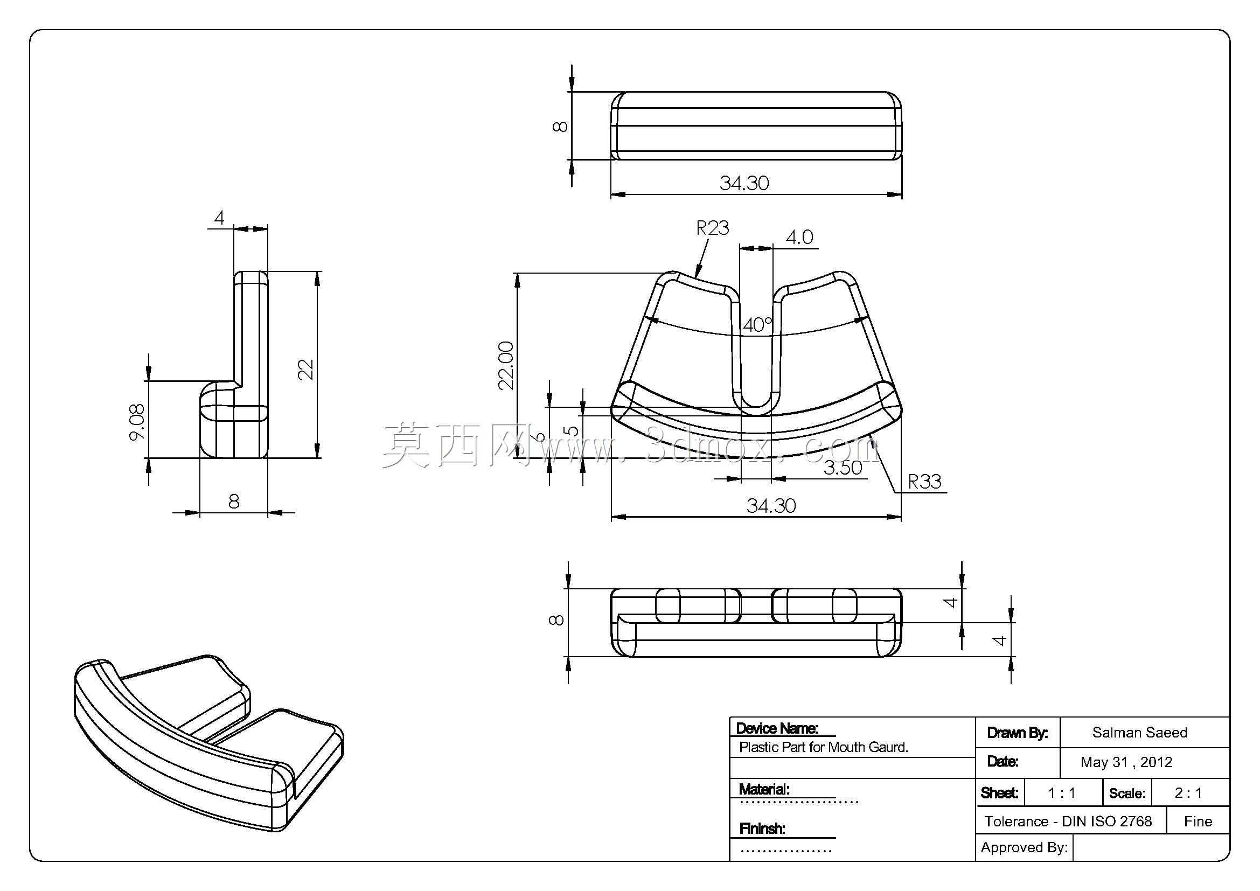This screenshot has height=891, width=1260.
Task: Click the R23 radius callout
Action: pyautogui.click(x=712, y=228)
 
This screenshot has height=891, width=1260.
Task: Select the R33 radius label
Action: pyautogui.click(x=925, y=482)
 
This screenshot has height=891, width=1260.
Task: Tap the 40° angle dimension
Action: pyautogui.click(x=758, y=325)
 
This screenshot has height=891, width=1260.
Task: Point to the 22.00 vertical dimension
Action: pyautogui.click(x=506, y=365)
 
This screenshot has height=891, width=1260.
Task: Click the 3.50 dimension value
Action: pyautogui.click(x=843, y=468)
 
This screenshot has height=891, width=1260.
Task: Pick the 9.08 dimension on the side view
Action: pyautogui.click(x=137, y=422)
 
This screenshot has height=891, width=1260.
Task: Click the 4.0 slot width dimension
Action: pyautogui.click(x=799, y=237)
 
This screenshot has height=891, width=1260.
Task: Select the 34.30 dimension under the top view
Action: pyautogui.click(x=744, y=183)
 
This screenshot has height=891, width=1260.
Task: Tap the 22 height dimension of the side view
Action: pyautogui.click(x=305, y=369)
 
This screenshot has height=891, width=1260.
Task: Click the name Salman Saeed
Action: pyautogui.click(x=1139, y=733)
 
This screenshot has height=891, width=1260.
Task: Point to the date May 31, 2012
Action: pyautogui.click(x=1126, y=762)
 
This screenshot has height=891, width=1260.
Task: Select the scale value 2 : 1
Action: pyautogui.click(x=1188, y=793)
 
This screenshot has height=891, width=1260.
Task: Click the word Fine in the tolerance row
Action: pyautogui.click(x=1198, y=822)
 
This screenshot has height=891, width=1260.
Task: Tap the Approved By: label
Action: pyautogui.click(x=1024, y=848)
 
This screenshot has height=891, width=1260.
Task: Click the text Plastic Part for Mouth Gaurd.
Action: pyautogui.click(x=824, y=747)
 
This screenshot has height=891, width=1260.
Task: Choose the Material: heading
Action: pyautogui.click(x=764, y=790)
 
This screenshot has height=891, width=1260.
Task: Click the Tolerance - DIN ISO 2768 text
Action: pyautogui.click(x=1068, y=822)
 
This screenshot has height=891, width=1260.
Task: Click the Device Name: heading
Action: pyautogui.click(x=777, y=728)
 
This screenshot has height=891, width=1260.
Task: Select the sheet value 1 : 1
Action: pyautogui.click(x=1061, y=793)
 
